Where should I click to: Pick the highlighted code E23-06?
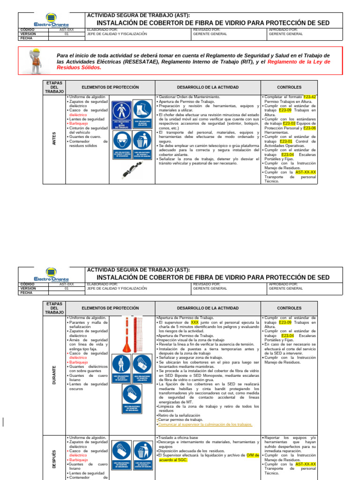(309, 128)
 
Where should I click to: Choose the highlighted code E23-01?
(286, 141)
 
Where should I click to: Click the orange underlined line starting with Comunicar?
(205, 424)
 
